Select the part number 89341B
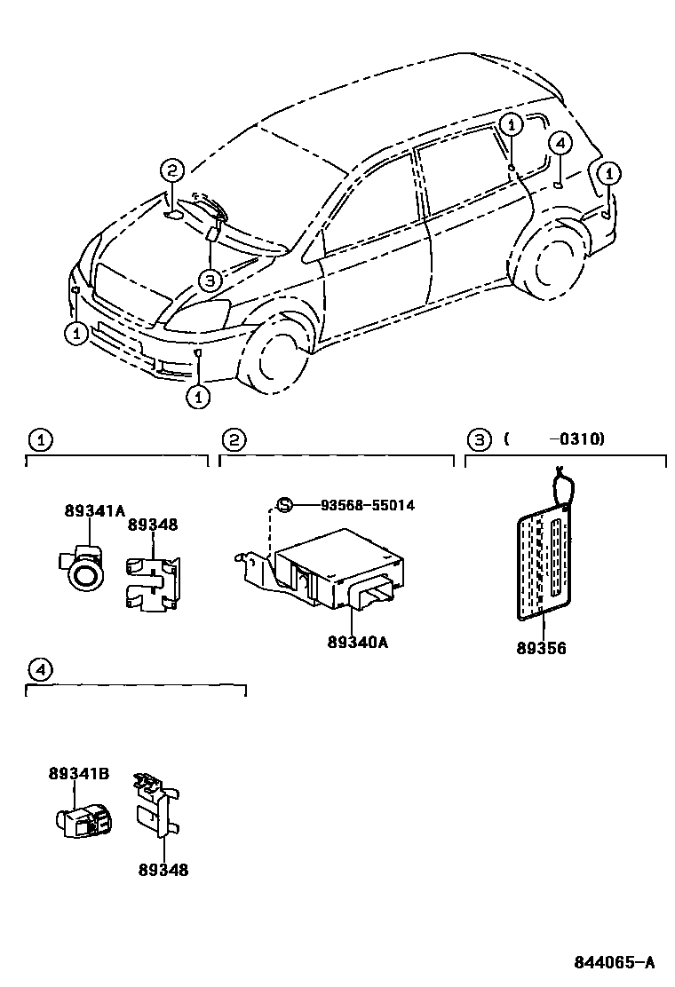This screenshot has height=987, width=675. (78, 774)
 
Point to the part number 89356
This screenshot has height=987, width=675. (541, 648)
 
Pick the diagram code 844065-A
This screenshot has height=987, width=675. (614, 962)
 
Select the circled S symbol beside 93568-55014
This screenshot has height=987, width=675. (284, 505)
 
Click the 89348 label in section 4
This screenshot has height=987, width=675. (163, 871)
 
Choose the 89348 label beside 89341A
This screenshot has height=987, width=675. (152, 525)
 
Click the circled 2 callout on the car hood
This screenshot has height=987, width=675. (172, 171)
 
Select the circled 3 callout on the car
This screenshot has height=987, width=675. (208, 281)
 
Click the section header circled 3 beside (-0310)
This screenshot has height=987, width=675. (478, 439)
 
